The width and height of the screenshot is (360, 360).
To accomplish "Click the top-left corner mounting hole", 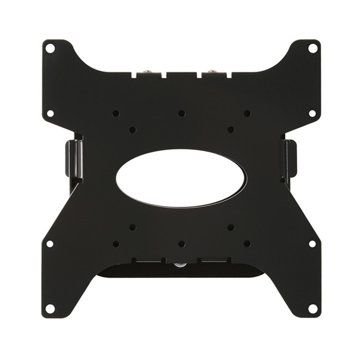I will (50, 48).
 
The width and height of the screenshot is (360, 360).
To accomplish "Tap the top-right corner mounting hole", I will (312, 48).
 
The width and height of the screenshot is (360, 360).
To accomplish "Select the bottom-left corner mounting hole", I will (50, 308).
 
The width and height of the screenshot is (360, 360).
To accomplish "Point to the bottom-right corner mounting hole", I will (312, 308).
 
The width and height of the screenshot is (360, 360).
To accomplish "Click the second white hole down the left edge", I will (50, 113).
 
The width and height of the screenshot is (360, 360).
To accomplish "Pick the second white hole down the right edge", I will (312, 113).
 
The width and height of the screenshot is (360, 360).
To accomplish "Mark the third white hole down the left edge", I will (50, 243).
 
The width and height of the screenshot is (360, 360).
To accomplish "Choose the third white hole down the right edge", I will (312, 243).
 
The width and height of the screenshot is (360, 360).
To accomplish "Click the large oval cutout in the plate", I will (181, 177).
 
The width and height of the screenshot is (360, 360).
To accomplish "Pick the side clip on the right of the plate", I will (288, 159).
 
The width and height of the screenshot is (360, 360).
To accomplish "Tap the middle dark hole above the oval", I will (181, 113).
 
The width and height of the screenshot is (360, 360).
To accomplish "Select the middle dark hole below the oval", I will (181, 244).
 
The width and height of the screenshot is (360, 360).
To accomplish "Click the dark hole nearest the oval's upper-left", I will (132, 129).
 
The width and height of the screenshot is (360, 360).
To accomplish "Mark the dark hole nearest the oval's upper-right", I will (230, 129).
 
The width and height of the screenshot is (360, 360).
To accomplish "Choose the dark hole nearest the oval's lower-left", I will (132, 227).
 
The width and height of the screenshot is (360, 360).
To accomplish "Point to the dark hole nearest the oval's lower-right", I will (230, 227).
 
